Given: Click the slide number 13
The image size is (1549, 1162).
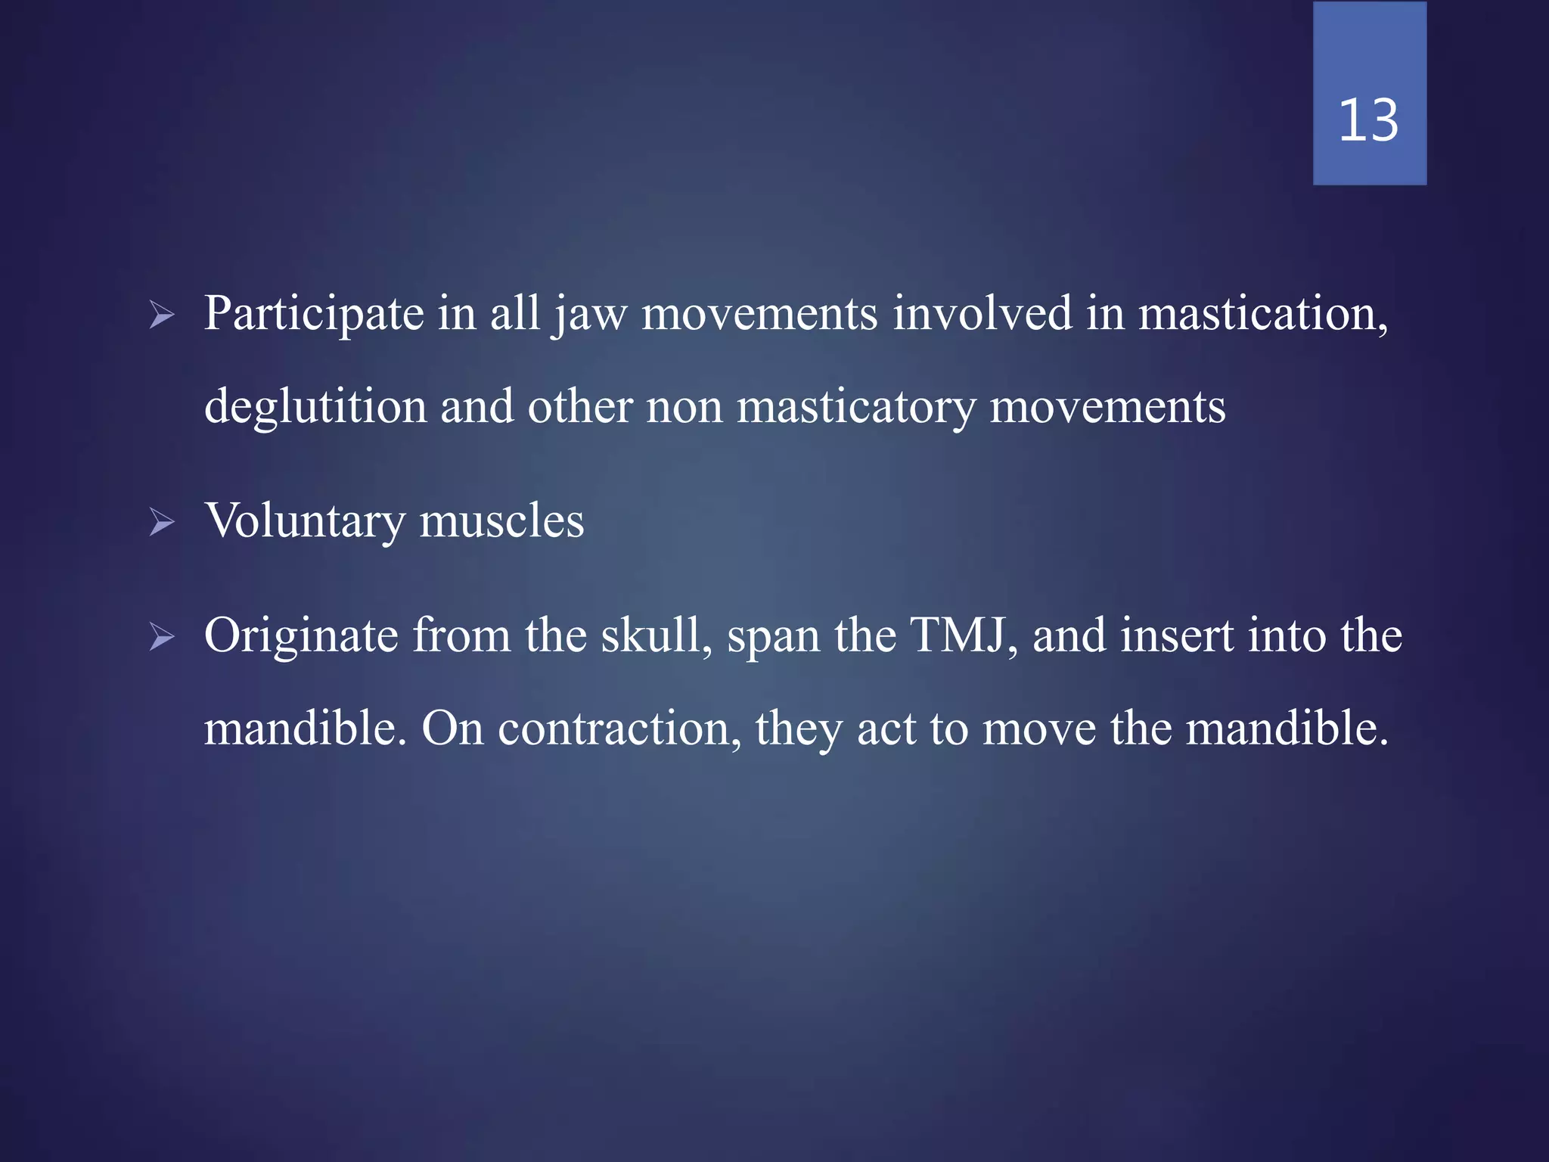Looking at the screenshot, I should click(1368, 121).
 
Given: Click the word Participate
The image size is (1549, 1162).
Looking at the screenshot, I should click(314, 315).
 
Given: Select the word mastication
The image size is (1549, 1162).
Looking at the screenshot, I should click(1262, 315).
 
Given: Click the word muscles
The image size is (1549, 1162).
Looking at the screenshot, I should click(501, 522).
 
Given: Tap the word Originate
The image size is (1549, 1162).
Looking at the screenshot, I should click(300, 637).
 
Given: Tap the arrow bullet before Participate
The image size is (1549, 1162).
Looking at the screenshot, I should click(162, 315).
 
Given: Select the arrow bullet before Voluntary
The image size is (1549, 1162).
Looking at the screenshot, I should click(162, 522).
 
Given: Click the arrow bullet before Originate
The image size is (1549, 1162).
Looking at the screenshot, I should click(162, 637).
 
